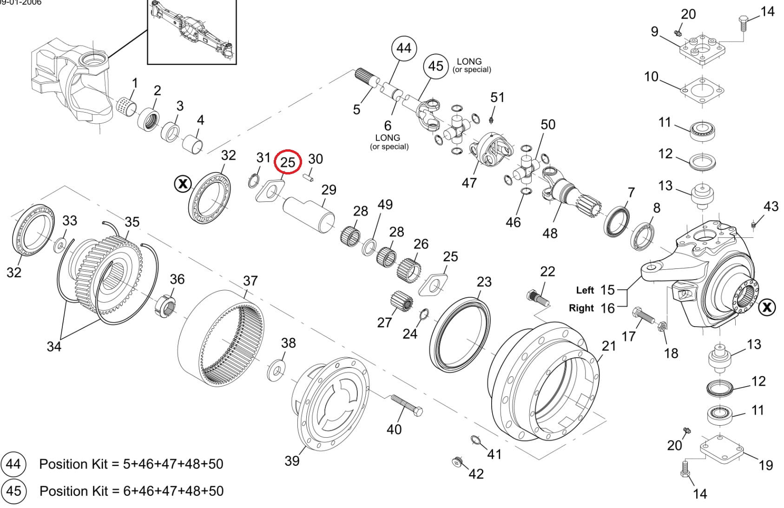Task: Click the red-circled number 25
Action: pyautogui.click(x=288, y=162)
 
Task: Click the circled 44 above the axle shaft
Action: pyautogui.click(x=404, y=48)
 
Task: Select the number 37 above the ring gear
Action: pyautogui.click(x=250, y=281)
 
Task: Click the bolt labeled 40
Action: pyautogui.click(x=406, y=406)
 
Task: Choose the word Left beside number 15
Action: pyautogui.click(x=585, y=290)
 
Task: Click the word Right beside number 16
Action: pyautogui.click(x=581, y=308)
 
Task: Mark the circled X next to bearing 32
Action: pyautogui.click(x=183, y=184)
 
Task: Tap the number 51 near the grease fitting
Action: pyautogui.click(x=497, y=97)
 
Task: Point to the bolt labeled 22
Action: pyautogui.click(x=538, y=298)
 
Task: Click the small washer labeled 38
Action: pyautogui.click(x=277, y=371)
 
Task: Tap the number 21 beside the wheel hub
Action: pyautogui.click(x=609, y=346)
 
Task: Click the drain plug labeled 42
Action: pyautogui.click(x=458, y=461)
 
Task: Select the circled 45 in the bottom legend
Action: pyautogui.click(x=13, y=491)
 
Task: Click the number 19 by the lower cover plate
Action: pyautogui.click(x=766, y=465)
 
